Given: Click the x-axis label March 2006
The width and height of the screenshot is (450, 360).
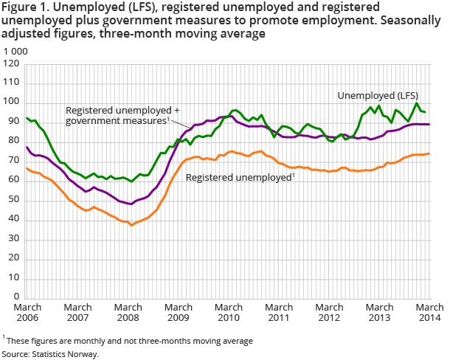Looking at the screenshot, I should (27, 312).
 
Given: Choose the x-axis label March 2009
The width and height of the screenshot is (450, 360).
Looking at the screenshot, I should (179, 312).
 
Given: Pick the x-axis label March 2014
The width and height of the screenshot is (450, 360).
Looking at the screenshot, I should (429, 312).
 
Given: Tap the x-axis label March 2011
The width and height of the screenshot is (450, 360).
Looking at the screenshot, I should (279, 312).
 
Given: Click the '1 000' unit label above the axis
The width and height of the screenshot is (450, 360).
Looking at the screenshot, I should (16, 52).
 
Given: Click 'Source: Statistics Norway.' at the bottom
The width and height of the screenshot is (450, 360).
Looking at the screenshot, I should (49, 354).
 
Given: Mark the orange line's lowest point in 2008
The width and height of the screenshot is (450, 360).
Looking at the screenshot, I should (131, 224).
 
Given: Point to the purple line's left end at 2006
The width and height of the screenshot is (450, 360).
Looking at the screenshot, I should (27, 148).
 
